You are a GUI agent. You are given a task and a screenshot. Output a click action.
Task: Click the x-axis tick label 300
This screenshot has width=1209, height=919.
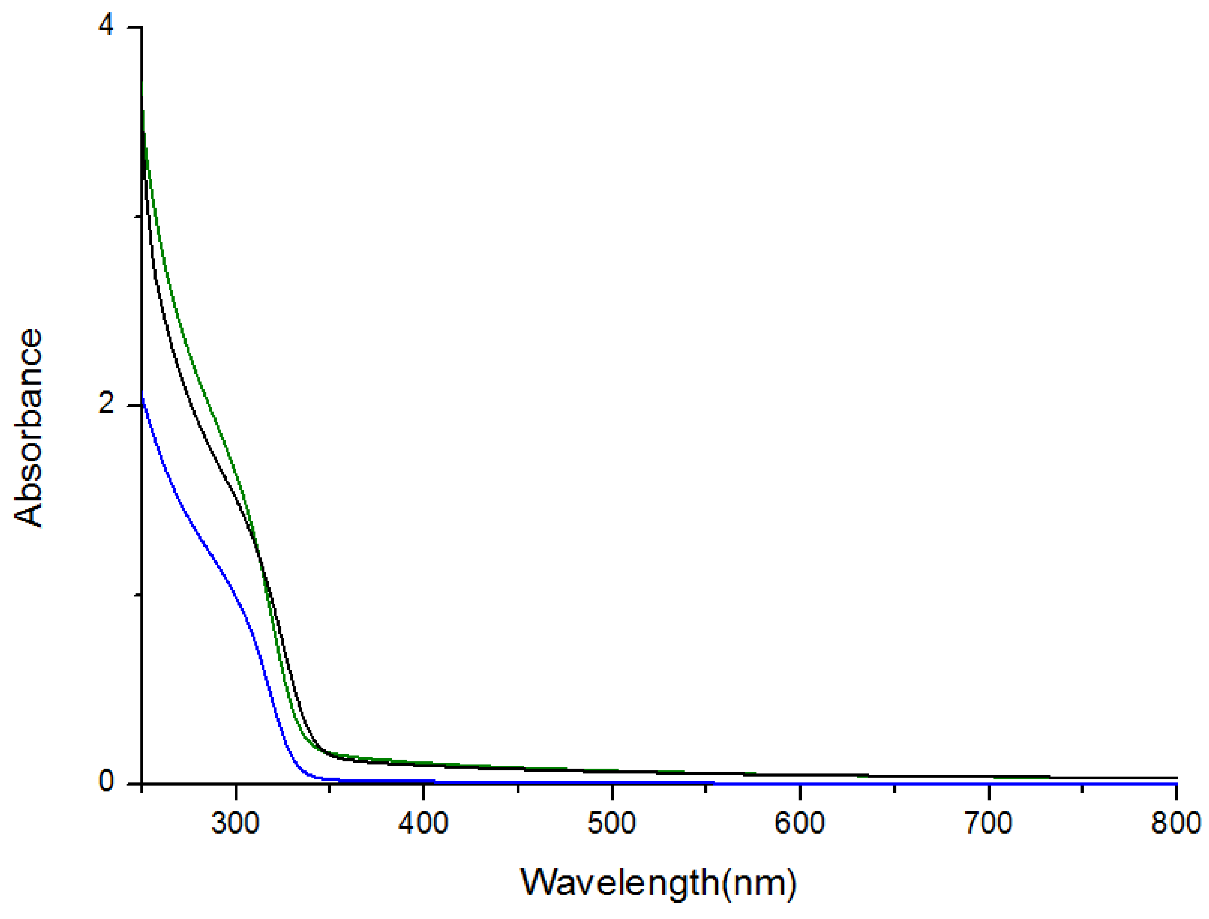(235, 823)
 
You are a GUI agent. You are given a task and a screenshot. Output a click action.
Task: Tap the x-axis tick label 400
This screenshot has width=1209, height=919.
(424, 823)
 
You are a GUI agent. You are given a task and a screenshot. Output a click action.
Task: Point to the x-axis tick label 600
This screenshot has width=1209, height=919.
(800, 823)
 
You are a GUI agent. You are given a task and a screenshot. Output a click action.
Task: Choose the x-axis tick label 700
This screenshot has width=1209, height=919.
(989, 823)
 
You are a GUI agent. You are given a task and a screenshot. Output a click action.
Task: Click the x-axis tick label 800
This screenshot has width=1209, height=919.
(1176, 823)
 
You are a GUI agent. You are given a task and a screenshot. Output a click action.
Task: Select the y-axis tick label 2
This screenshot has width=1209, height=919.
(106, 404)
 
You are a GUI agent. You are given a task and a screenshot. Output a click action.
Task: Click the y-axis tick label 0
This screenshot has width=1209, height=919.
(106, 782)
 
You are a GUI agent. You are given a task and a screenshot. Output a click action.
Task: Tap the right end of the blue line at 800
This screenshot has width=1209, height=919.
(1176, 784)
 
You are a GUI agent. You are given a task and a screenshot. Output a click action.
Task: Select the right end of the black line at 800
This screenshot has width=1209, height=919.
(1176, 777)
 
